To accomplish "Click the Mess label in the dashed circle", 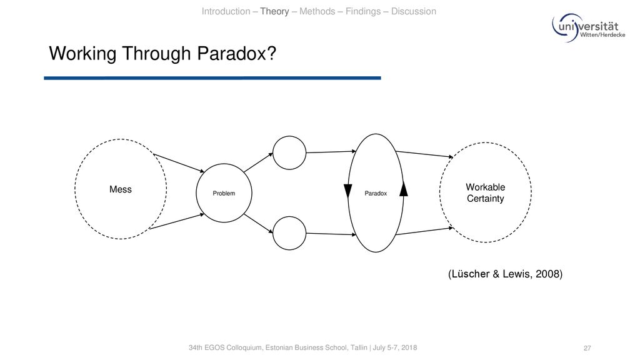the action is [121, 189].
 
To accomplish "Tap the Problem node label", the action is [224, 194].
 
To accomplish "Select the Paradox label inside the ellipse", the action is [376, 194].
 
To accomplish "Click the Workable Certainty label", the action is [485, 192].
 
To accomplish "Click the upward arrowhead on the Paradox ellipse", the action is [403, 189].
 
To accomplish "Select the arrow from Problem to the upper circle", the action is [258, 162].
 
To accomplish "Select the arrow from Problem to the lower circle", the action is [258, 223].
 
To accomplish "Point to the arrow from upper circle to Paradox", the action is [331, 152].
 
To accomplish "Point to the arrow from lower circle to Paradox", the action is [331, 234].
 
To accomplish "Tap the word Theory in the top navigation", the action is [274, 11].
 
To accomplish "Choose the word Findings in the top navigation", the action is [363, 11].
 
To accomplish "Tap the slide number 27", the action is [587, 348].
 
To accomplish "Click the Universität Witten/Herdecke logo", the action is [588, 27].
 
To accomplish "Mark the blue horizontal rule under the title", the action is [212, 78].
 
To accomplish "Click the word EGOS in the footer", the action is [214, 347].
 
